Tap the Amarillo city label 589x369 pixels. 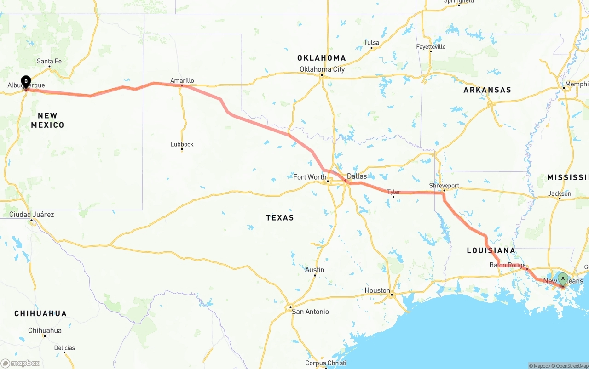(x=182, y=80)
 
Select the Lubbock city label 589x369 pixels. (x=182, y=144)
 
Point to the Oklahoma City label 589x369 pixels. (x=322, y=69)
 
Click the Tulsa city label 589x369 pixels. (x=371, y=43)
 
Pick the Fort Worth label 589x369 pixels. (x=310, y=177)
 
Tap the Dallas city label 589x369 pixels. (x=357, y=176)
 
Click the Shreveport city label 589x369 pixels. (x=444, y=186)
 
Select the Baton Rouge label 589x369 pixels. (x=508, y=265)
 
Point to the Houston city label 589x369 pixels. (x=377, y=290)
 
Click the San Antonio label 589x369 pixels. (x=311, y=312)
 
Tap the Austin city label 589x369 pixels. (x=315, y=270)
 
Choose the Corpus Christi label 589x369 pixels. (x=326, y=363)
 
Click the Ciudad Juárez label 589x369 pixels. (x=32, y=215)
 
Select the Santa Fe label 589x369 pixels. (x=49, y=61)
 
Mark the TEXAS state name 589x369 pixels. (x=280, y=218)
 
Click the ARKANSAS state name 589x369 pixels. (x=487, y=90)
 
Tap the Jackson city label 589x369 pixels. (x=560, y=193)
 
